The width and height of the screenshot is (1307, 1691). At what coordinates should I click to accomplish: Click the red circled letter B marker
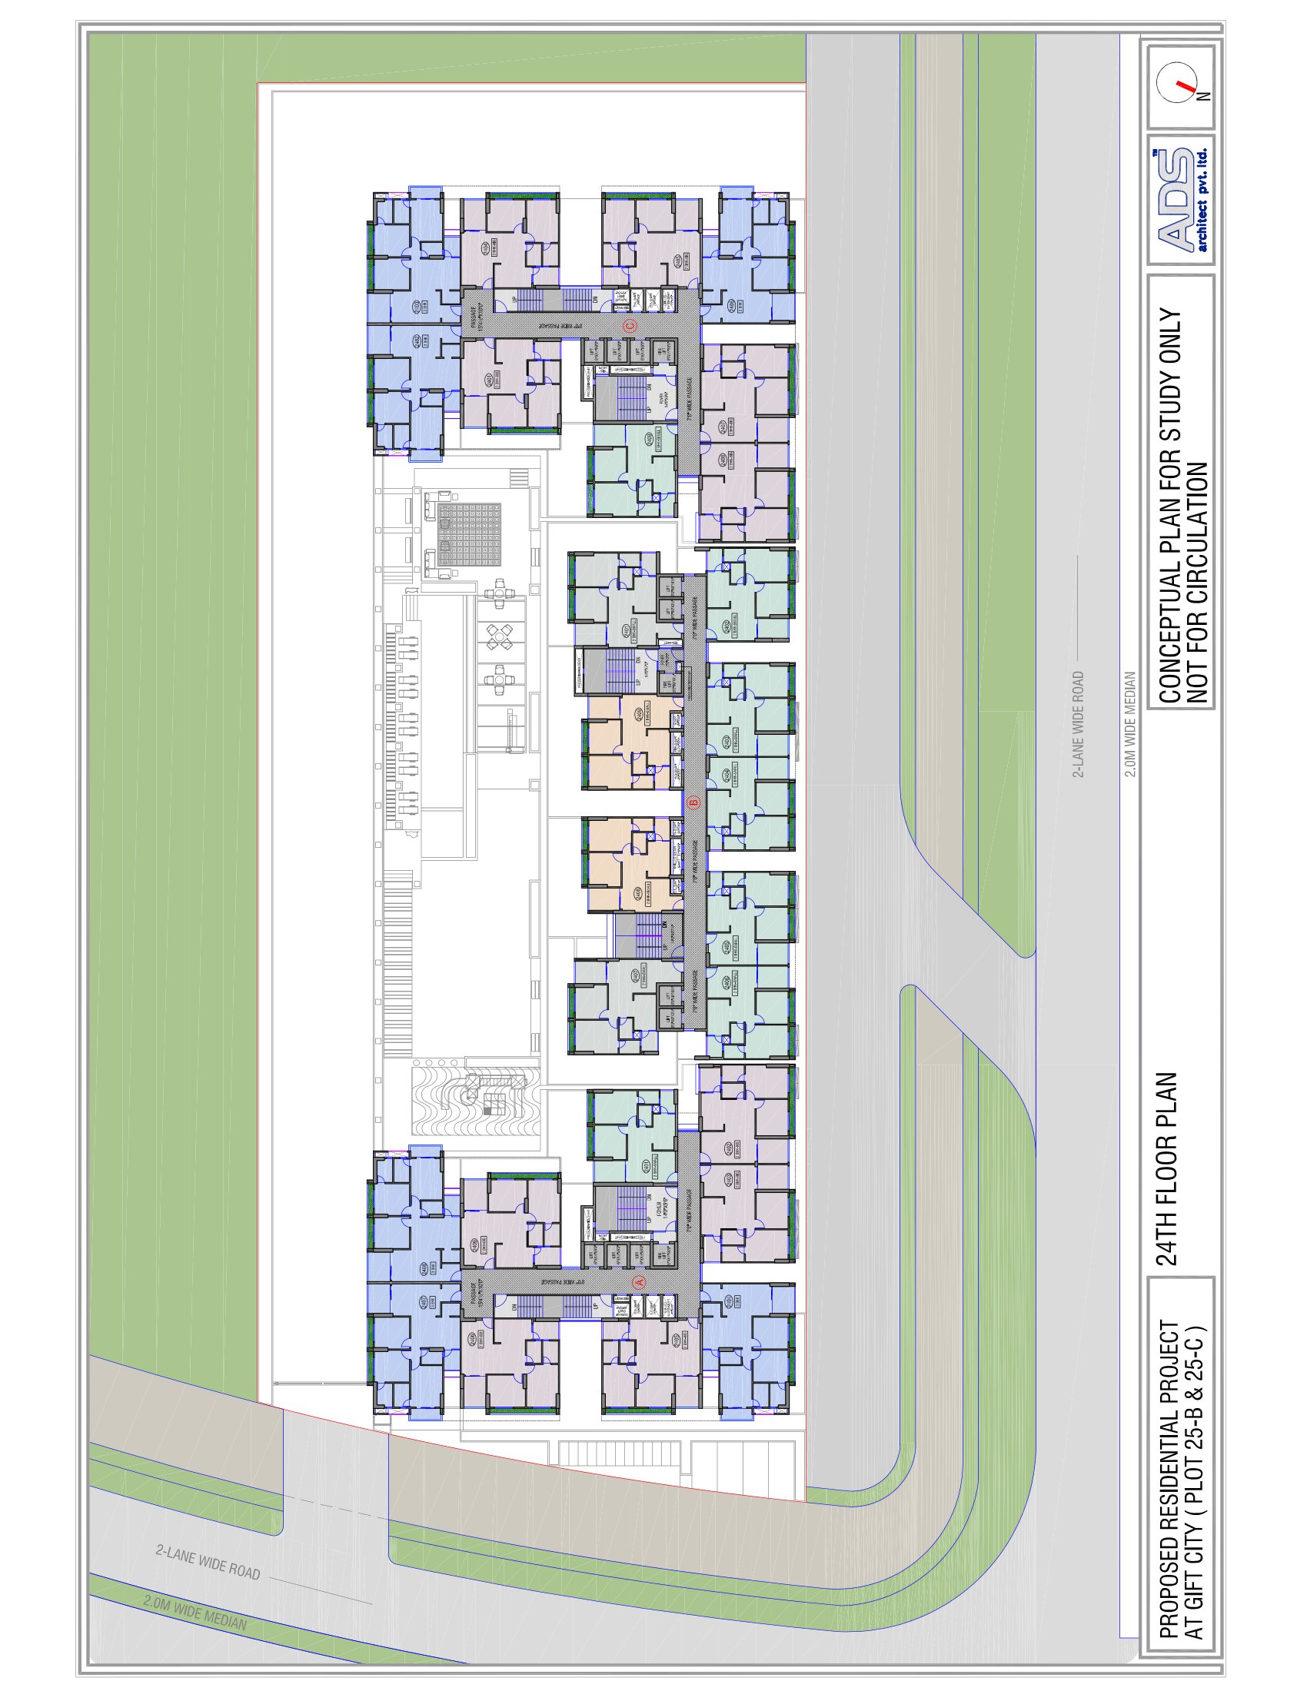pos(693,802)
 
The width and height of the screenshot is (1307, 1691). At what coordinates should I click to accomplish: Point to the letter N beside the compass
pos(1204,96)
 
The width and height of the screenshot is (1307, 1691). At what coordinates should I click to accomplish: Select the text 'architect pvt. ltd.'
pos(1202,200)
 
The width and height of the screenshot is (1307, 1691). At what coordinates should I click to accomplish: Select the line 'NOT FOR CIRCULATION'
pos(1197,584)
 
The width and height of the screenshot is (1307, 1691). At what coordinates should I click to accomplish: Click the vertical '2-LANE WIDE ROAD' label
pos(1078,724)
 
